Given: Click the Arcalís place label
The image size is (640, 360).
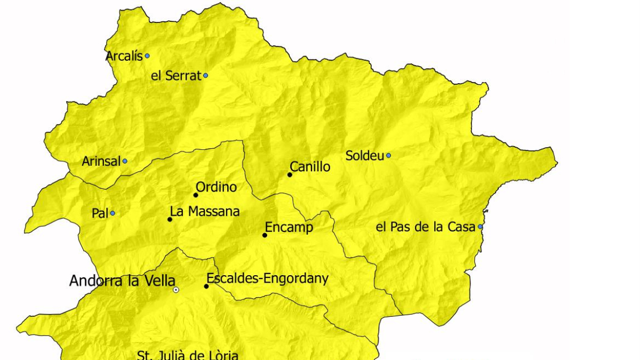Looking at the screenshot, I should tap(124, 56).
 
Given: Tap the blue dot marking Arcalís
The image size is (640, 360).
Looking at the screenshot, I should tap(147, 55).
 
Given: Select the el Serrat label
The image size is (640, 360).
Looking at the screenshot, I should tap(176, 76).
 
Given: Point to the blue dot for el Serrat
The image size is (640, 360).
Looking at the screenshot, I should tap(205, 76).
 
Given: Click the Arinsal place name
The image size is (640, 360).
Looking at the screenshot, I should tap(101, 161).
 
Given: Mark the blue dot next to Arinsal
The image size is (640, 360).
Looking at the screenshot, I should tap(125, 161).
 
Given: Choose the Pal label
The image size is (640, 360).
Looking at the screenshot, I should tap(100, 213).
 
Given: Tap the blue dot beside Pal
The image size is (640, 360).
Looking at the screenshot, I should tap(113, 213).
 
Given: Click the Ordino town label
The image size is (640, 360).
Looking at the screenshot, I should tap(216, 187).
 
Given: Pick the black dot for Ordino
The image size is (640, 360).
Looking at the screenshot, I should tap(196, 195).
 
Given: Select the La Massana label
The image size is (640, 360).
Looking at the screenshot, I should tap(205, 212).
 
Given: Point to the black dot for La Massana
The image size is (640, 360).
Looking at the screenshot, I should tap(170, 219).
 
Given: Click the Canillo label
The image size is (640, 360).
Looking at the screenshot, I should tap(310, 167).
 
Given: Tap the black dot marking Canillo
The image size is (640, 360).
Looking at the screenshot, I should tap(290, 174).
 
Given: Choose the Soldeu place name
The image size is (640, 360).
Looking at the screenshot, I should tap(365, 156).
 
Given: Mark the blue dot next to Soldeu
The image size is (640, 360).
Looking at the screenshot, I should tap(388, 156).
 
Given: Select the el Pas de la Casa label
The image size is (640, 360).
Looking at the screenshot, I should tap(426, 227).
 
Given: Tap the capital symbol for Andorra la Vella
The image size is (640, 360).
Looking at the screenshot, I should tap(176, 290).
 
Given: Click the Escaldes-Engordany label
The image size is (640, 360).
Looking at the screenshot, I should tap(267, 278).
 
